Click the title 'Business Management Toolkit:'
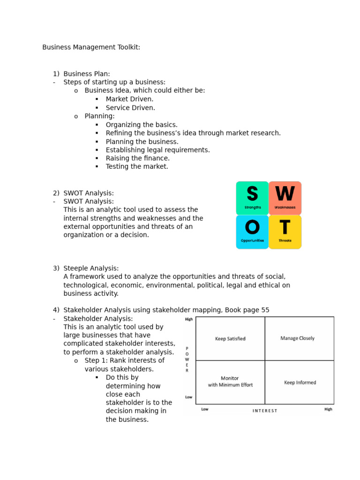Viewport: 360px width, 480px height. [x=91, y=47]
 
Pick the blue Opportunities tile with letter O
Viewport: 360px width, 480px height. [x=252, y=232]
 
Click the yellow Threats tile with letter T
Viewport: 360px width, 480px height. [x=285, y=232]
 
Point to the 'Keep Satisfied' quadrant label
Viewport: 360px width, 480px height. [x=230, y=338]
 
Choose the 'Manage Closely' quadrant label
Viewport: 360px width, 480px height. [x=297, y=338]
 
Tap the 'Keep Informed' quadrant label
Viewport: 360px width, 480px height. [x=300, y=382]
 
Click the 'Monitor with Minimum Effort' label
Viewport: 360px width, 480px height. [x=230, y=382]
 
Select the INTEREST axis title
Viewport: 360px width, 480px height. [x=265, y=411]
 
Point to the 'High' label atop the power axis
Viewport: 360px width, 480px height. [x=188, y=319]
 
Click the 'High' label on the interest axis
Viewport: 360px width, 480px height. [x=328, y=409]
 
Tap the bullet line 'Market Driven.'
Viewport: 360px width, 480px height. [x=129, y=99]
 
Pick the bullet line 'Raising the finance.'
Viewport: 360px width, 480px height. [x=138, y=158]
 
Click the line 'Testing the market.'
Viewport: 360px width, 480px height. [x=137, y=166]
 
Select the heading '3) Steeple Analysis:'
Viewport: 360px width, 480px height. [x=86, y=268]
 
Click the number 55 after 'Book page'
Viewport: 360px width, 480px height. [x=265, y=310]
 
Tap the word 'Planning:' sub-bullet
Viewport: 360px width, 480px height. [x=99, y=116]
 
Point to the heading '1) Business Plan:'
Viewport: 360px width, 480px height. [x=82, y=74]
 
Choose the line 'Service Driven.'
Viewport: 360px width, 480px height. [x=130, y=107]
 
